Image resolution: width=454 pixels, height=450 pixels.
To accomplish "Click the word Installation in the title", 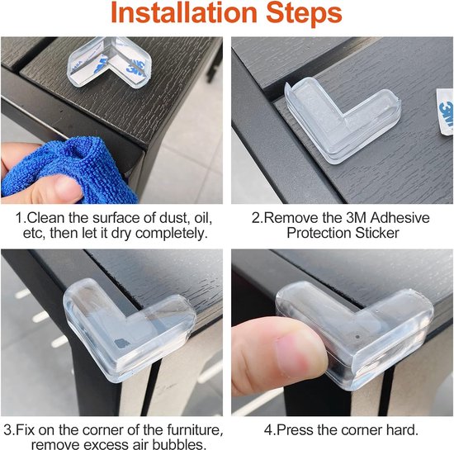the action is pyautogui.click(x=184, y=12).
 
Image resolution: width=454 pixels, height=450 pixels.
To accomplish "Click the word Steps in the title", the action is pyautogui.click(x=305, y=13).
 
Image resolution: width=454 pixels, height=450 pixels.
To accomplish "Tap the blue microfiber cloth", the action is pyautogui.click(x=73, y=171).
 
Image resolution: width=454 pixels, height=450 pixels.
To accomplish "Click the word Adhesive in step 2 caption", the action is pyautogui.click(x=400, y=218).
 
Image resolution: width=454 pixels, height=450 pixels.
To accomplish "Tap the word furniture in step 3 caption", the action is pyautogui.click(x=195, y=429).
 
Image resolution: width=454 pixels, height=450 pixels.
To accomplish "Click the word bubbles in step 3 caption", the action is pyautogui.click(x=179, y=444).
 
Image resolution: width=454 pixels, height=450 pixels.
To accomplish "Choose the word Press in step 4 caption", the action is pyautogui.click(x=295, y=429).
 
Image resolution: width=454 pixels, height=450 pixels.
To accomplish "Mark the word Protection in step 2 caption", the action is pyautogui.click(x=319, y=233).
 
